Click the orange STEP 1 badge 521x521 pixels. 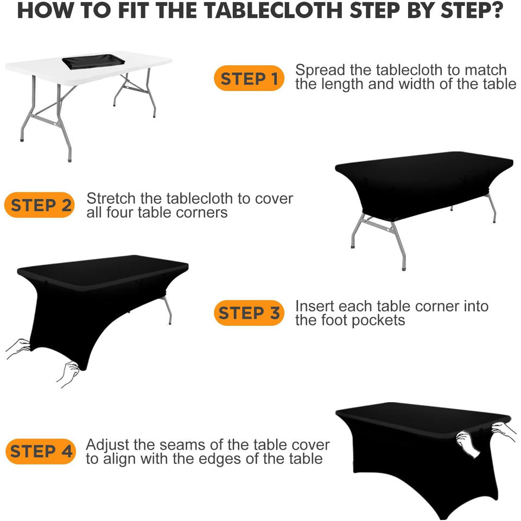(249, 78)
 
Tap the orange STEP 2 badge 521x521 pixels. (40, 205)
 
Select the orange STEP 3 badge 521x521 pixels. (249, 313)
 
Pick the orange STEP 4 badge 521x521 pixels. (41, 451)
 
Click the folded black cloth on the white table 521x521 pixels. (93, 62)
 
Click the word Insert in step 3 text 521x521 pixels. (315, 306)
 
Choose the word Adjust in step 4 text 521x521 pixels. (107, 445)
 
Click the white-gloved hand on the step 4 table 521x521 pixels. (468, 444)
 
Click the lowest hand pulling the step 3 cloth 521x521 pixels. (69, 374)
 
